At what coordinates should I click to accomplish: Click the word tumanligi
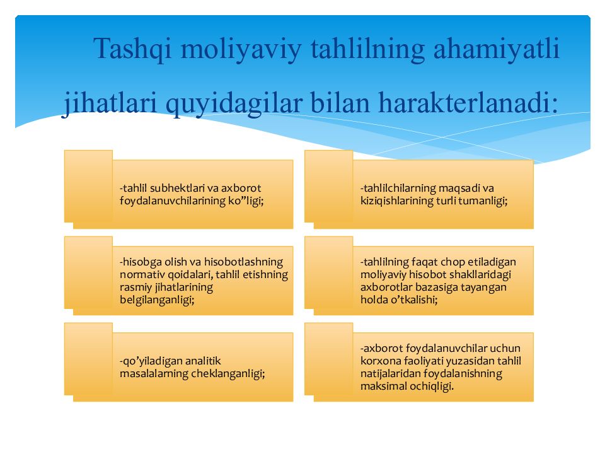pyautogui.click(x=485, y=200)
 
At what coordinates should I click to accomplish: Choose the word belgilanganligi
pyautogui.click(x=157, y=300)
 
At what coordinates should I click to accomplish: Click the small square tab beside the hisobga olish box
pyautogui.click(x=88, y=272)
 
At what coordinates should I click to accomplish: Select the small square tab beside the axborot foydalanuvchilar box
pyautogui.click(x=328, y=359)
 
